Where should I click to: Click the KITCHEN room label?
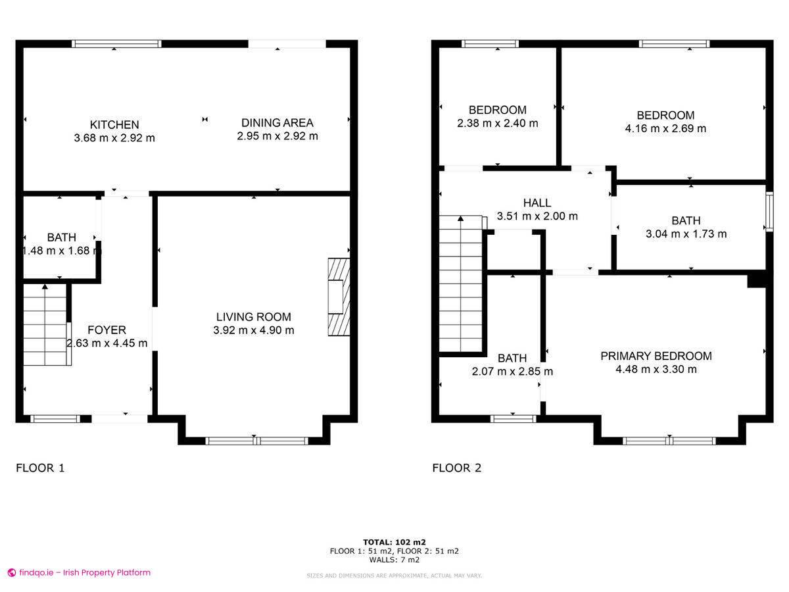[114, 124]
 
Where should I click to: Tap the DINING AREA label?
[277, 122]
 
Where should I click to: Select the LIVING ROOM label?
[253, 316]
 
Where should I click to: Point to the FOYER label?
[107, 330]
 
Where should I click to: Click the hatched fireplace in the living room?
[339, 297]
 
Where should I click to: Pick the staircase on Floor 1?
[45, 325]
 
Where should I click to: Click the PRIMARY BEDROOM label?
[656, 356]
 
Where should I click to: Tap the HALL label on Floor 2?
[537, 203]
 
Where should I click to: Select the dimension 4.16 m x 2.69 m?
[665, 129]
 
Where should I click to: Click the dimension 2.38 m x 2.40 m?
[497, 123]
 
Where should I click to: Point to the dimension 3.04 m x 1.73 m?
[686, 234]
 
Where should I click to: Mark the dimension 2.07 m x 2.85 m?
[512, 372]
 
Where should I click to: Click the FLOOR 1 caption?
[40, 468]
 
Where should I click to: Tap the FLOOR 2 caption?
[456, 468]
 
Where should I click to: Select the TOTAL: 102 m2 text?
[394, 542]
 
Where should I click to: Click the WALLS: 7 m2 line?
[394, 560]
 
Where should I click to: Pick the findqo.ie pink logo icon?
[11, 573]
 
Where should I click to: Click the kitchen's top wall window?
[116, 44]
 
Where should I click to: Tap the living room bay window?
[257, 441]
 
